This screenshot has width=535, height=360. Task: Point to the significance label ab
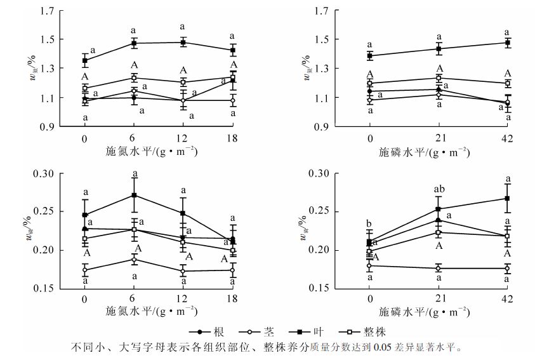pos(439,189)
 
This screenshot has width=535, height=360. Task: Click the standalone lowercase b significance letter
pos(369,223)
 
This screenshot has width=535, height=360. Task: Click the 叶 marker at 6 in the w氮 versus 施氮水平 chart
pos(134,43)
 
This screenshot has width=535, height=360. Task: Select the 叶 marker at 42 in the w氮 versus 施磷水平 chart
pos(507,43)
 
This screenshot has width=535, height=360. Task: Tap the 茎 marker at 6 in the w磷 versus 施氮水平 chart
pos(134,259)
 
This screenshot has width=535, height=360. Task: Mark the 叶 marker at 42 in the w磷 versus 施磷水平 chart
pos(507,198)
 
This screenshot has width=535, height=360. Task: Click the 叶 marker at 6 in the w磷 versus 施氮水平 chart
pos(134,195)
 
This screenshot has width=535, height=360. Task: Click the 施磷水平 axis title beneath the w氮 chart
pos(424,152)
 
